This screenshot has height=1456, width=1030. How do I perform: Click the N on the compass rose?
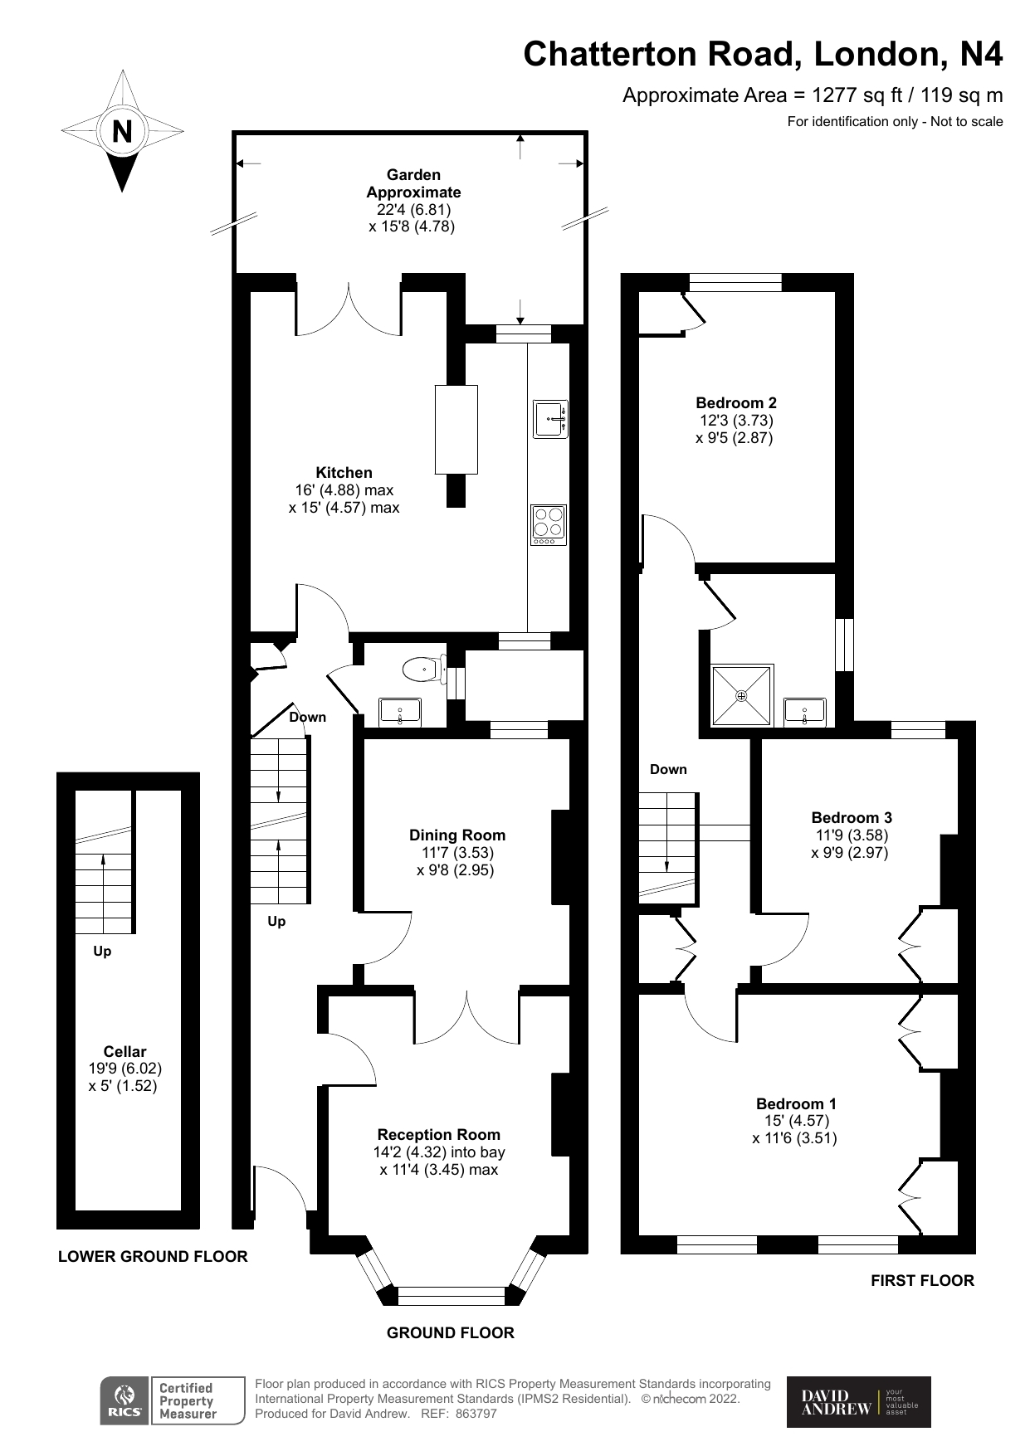(x=122, y=131)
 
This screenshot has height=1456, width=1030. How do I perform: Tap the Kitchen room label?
(x=344, y=472)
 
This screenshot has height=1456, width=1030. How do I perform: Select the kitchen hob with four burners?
(x=549, y=524)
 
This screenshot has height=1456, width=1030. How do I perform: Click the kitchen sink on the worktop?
(x=550, y=419)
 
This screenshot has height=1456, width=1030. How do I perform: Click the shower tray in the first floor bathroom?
(x=742, y=694)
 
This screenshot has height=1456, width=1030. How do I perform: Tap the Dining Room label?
(x=456, y=835)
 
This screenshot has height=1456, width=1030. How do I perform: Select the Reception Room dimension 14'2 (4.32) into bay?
(x=438, y=1152)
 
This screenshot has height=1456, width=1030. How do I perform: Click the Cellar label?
(x=124, y=1051)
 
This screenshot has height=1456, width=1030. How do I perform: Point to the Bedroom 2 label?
(x=735, y=402)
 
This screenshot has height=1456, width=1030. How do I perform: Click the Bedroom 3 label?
(x=852, y=817)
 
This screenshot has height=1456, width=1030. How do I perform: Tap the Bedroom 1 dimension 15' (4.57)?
(x=796, y=1121)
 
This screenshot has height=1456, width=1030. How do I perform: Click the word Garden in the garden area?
(x=413, y=174)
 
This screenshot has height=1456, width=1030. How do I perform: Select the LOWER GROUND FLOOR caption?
(x=153, y=1256)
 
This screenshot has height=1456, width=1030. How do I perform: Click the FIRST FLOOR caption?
(x=921, y=1280)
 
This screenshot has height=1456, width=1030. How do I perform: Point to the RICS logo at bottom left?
(x=124, y=1401)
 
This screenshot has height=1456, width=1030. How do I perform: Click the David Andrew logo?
(x=858, y=1402)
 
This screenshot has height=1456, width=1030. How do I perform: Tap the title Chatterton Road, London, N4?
(x=762, y=54)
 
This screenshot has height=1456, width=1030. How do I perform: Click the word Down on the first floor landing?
(x=668, y=769)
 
